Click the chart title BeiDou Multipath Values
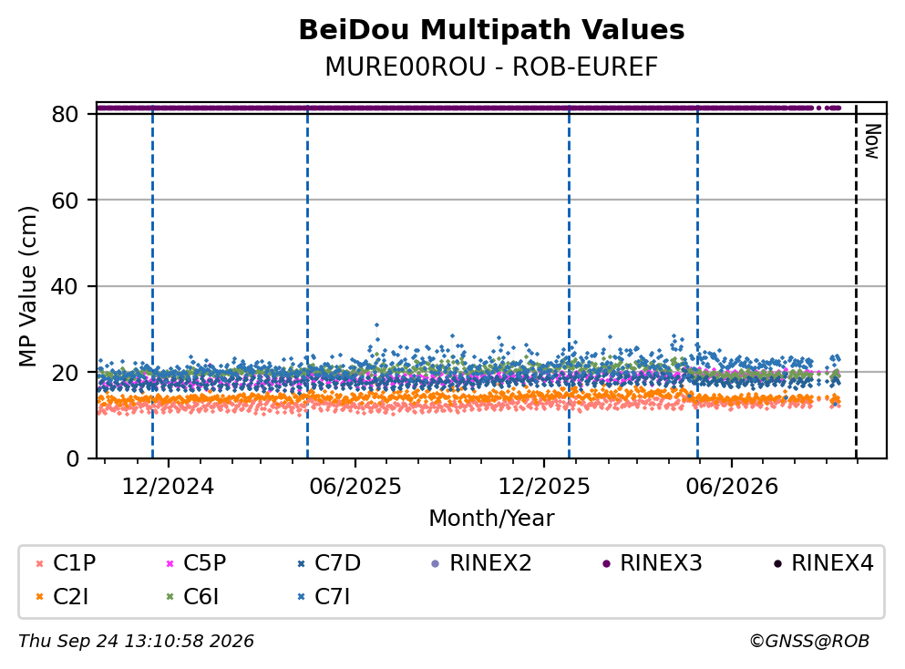click(491, 30)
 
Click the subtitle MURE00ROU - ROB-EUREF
click(491, 67)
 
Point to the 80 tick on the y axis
click(65, 114)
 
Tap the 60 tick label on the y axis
click(65, 201)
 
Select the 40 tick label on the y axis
click(65, 286)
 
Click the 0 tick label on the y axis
click(72, 458)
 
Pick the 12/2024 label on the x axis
click(168, 487)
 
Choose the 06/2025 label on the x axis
click(355, 487)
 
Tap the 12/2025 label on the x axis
click(544, 487)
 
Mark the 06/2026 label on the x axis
click(732, 487)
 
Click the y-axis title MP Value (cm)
click(27, 286)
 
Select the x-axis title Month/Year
click(491, 519)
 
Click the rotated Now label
click(872, 141)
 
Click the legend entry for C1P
click(67, 562)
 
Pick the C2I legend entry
click(63, 596)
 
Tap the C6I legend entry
click(193, 596)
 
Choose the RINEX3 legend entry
click(653, 562)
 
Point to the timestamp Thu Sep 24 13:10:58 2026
click(136, 642)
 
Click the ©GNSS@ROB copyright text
click(809, 642)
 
